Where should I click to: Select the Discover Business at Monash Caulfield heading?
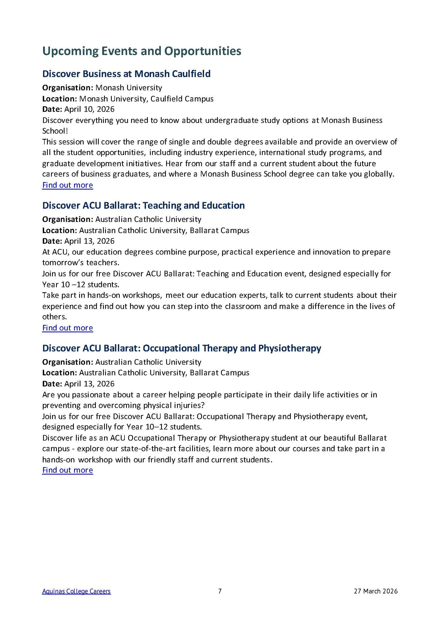click(x=126, y=74)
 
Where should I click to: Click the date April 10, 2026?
click(x=89, y=109)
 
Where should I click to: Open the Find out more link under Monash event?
click(x=68, y=185)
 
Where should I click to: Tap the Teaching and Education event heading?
click(x=143, y=205)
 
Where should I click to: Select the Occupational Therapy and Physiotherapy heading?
click(x=182, y=348)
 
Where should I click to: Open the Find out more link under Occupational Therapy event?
click(x=68, y=470)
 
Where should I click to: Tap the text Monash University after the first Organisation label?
click(x=129, y=88)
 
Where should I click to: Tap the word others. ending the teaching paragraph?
click(x=54, y=317)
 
